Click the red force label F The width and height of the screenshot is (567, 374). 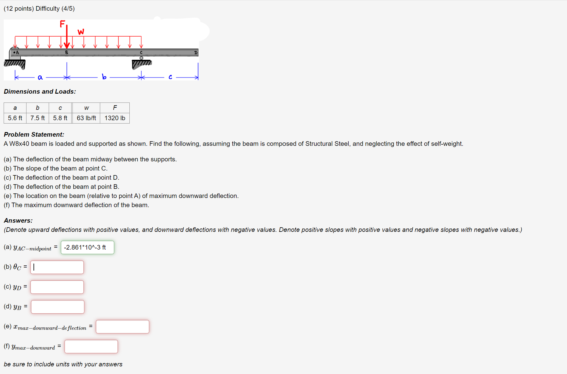click(62, 24)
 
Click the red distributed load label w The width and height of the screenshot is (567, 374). click(81, 32)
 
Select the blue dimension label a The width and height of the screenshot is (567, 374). click(40, 77)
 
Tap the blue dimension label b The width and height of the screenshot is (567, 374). click(104, 77)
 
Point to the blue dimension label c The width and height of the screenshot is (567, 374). click(170, 77)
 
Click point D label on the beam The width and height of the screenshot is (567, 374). click(196, 53)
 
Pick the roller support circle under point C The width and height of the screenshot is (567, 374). click(141, 58)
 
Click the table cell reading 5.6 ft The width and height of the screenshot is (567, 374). click(15, 118)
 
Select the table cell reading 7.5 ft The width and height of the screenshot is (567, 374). click(37, 118)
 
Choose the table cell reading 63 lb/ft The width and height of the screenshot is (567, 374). click(86, 118)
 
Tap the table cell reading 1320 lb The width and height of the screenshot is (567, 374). click(115, 118)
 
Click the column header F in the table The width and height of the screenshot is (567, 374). click(115, 108)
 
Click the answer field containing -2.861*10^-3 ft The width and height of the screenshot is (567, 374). click(87, 247)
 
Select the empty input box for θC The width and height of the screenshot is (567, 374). click(57, 267)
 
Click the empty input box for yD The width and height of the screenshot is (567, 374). click(57, 287)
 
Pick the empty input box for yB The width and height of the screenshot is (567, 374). click(58, 307)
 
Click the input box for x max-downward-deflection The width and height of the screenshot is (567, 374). click(122, 327)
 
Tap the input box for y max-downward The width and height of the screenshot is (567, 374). click(91, 347)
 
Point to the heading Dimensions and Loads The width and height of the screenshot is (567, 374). click(40, 92)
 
